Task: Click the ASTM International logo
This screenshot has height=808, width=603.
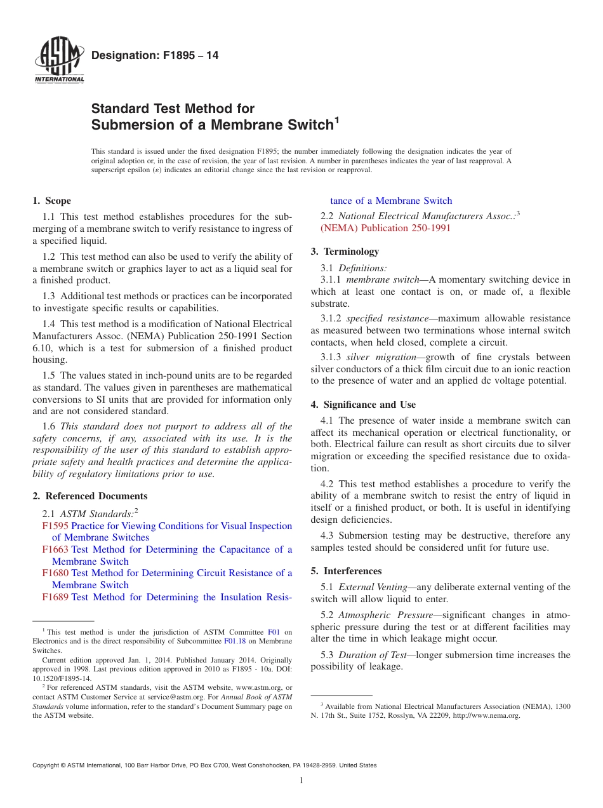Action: pos(59,61)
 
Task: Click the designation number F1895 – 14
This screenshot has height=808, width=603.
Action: pos(155,56)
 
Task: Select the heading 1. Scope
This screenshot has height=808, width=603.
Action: pos(52,201)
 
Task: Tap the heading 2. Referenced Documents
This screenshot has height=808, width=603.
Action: pos(90,496)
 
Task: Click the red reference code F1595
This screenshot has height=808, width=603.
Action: pos(55,526)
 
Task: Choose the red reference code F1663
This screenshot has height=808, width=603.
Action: pos(55,549)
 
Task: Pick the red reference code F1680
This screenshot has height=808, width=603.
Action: pos(55,573)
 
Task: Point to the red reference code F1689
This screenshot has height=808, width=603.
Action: pos(55,597)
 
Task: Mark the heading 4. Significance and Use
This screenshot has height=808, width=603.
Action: pos(363,405)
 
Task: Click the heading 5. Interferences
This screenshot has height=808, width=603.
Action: pos(346,571)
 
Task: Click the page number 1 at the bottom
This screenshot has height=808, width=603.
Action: pos(301,781)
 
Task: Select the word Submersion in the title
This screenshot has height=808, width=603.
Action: pos(132,125)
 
